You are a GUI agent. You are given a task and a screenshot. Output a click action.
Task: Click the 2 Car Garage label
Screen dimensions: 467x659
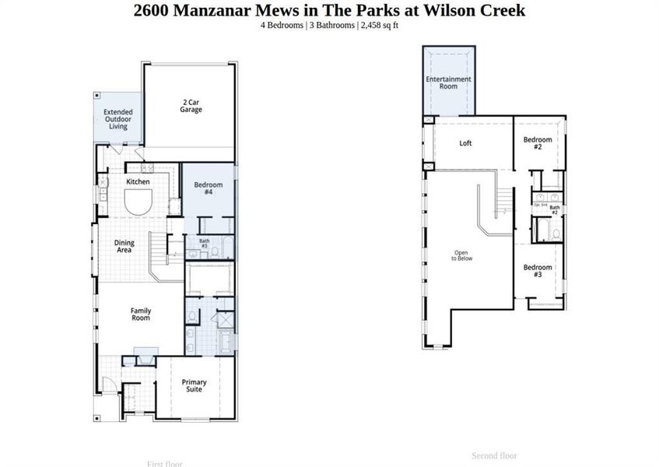click(191, 106)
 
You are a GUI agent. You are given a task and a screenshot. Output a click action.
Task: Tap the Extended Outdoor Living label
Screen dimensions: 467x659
click(118, 119)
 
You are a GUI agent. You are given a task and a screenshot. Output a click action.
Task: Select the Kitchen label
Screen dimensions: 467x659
click(138, 182)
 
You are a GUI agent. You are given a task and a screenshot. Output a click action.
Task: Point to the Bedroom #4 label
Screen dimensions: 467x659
click(209, 188)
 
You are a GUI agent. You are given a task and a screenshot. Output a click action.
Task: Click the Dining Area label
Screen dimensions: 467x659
click(124, 247)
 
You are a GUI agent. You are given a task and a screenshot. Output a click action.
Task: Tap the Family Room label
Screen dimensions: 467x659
click(141, 314)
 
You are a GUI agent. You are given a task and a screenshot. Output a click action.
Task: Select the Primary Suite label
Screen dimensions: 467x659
click(194, 385)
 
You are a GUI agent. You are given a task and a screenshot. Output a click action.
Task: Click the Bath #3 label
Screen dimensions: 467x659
click(205, 243)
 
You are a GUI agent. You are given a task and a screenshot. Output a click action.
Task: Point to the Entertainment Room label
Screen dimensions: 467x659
click(448, 83)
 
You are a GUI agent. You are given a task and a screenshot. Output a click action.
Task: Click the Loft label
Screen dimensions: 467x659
click(465, 143)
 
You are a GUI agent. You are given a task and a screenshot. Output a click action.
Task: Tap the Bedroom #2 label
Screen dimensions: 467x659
click(538, 143)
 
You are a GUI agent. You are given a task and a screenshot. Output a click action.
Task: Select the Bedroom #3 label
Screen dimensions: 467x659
click(538, 271)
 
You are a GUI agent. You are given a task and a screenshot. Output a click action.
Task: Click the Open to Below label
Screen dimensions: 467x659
click(462, 255)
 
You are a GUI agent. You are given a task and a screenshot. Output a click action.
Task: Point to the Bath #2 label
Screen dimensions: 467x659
click(555, 209)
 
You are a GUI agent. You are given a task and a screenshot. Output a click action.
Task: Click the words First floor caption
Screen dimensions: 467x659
click(164, 464)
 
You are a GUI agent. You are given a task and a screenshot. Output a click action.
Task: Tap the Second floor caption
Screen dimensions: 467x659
click(494, 456)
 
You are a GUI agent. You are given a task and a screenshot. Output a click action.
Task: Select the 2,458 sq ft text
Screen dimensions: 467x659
click(380, 25)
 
